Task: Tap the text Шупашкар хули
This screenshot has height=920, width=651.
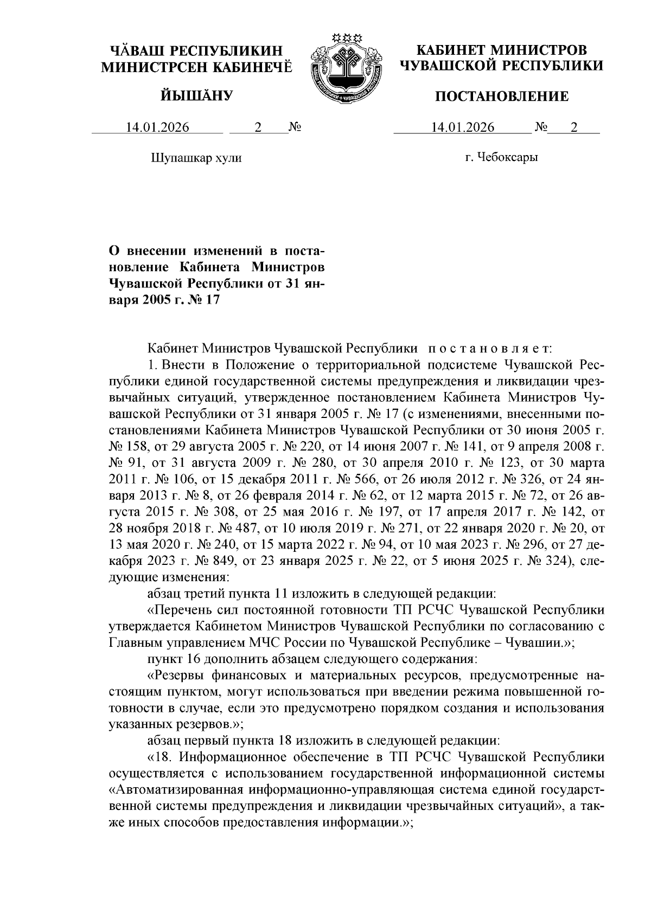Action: pyautogui.click(x=195, y=158)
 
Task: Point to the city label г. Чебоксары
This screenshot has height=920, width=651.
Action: pyautogui.click(x=501, y=158)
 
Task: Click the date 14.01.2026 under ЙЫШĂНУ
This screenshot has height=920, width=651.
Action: pyautogui.click(x=158, y=128)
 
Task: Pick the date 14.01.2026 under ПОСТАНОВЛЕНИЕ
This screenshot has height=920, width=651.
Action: pyautogui.click(x=463, y=128)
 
